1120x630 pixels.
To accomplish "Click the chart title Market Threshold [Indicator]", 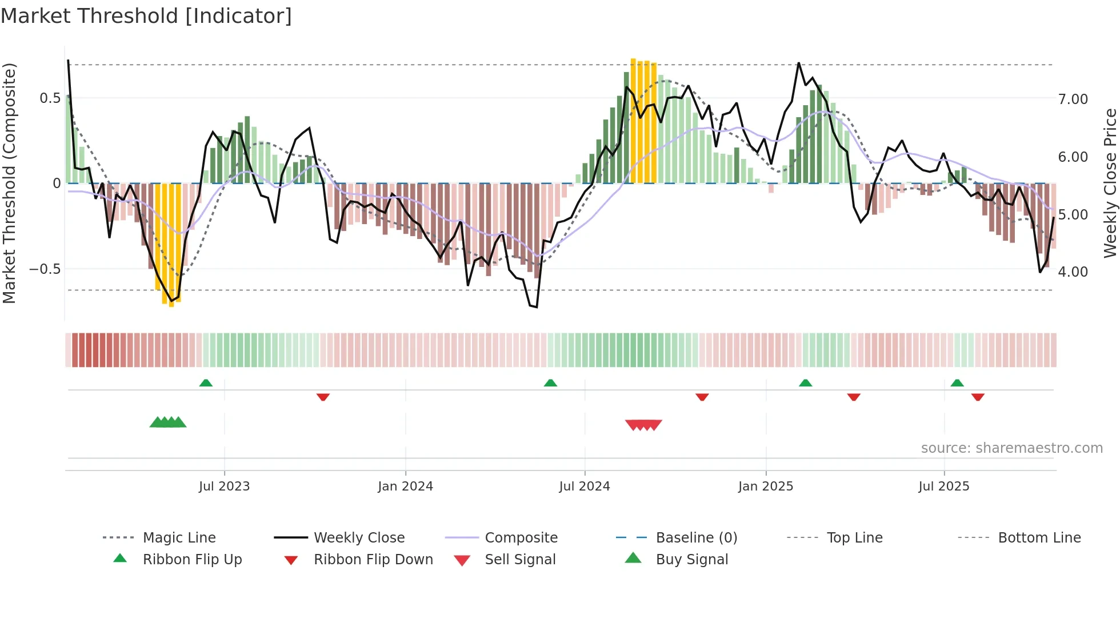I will tap(146, 16).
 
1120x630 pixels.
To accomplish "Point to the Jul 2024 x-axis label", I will tap(584, 487).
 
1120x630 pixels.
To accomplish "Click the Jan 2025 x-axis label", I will tap(765, 487).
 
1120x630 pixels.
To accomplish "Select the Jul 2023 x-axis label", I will tap(224, 487).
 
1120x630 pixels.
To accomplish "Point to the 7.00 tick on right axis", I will tap(1073, 99).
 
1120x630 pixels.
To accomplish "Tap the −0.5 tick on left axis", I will tap(45, 269).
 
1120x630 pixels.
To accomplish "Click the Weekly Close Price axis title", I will tap(1110, 183).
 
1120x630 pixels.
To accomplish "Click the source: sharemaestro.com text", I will tap(1011, 448).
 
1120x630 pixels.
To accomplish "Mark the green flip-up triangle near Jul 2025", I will tap(957, 383).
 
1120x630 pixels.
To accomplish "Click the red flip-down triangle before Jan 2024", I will tap(323, 397).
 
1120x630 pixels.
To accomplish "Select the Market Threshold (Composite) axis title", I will tap(9, 183).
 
